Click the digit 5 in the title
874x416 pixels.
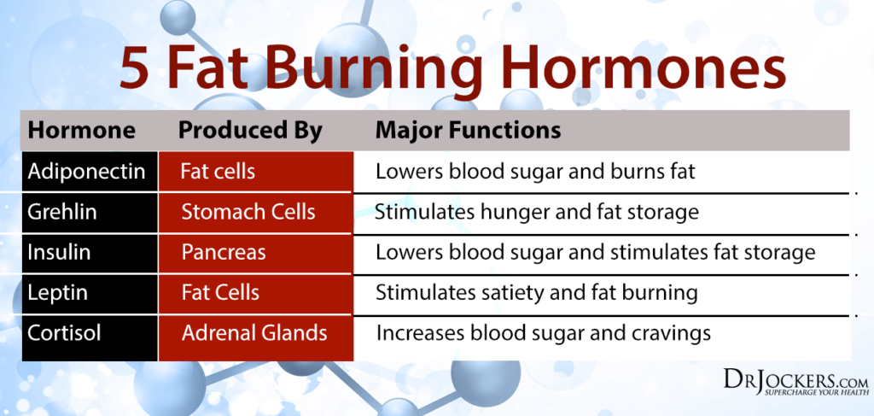pyautogui.click(x=137, y=67)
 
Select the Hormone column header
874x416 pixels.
pyautogui.click(x=81, y=131)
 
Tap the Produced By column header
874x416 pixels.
pyautogui.click(x=250, y=131)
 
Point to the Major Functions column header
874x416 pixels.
pyautogui.click(x=468, y=131)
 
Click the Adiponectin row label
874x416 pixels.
pyautogui.click(x=86, y=172)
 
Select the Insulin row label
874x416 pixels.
pyautogui.click(x=59, y=253)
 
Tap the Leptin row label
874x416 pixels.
pyautogui.click(x=56, y=293)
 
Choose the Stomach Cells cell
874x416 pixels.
pyautogui.click(x=248, y=212)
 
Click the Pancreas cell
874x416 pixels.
pyautogui.click(x=224, y=253)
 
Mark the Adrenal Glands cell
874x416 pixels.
pyautogui.click(x=254, y=333)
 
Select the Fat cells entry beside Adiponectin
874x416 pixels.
pyautogui.click(x=218, y=172)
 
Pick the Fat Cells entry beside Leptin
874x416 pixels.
pyautogui.click(x=220, y=293)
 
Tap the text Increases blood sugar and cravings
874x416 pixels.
pyautogui.click(x=544, y=333)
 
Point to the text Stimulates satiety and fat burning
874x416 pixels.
pyautogui.click(x=537, y=293)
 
